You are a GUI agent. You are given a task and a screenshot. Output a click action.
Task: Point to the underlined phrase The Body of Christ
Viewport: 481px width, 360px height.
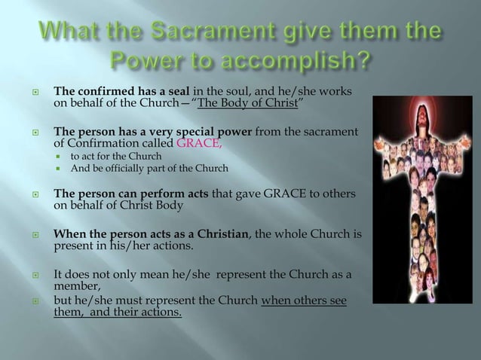(245, 102)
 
